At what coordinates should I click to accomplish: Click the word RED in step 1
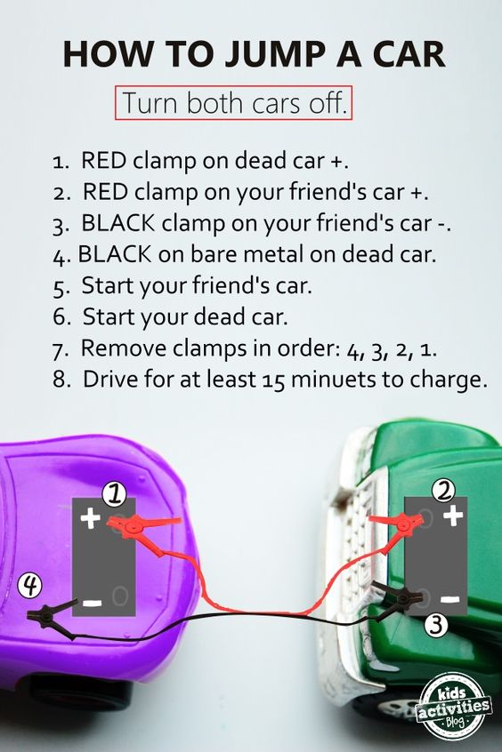point(105,161)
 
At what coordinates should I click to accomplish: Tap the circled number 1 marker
point(113,492)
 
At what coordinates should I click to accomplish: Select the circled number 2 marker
point(445,487)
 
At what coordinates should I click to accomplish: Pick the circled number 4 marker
point(31,585)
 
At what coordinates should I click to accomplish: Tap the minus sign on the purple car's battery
point(91,604)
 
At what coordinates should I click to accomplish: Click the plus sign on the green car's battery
point(454,513)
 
